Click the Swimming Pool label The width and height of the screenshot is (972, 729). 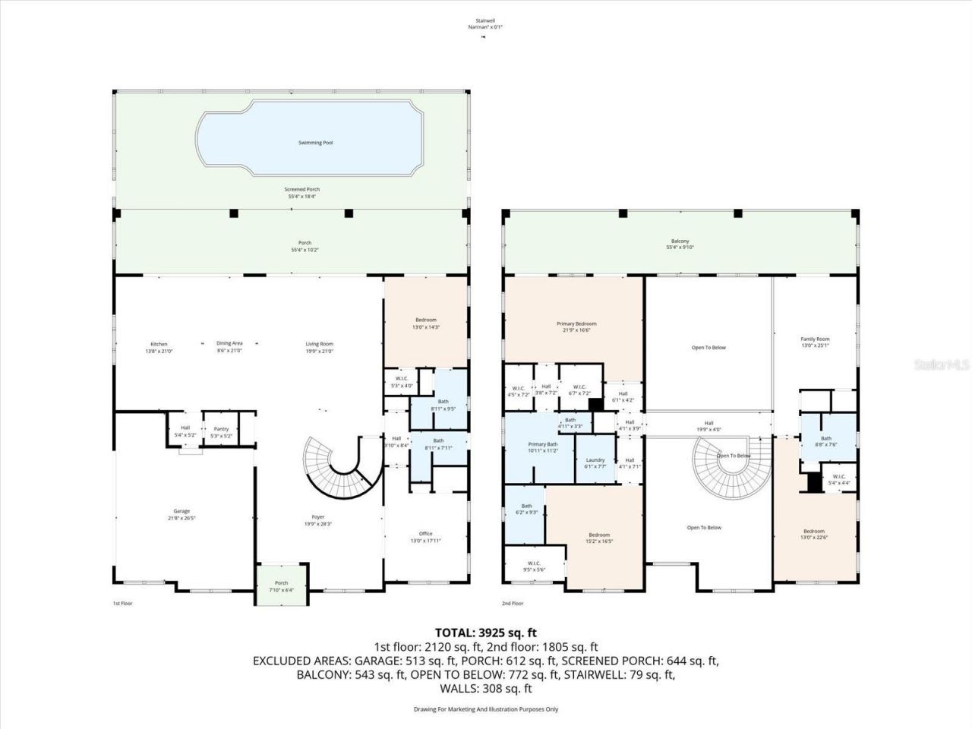314,143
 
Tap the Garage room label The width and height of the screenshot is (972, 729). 181,511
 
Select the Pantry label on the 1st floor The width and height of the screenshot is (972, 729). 221,429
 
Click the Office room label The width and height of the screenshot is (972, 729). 425,534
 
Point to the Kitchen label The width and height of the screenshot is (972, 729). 159,344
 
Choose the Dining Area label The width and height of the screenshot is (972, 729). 229,344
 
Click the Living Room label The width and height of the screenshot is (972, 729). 319,344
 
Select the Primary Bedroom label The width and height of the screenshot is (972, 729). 574,323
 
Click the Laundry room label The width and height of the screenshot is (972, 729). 595,460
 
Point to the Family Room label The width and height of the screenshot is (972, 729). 815,339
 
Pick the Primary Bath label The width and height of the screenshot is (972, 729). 543,444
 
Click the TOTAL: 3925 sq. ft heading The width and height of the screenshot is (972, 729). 486,632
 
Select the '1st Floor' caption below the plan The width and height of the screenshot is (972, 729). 121,603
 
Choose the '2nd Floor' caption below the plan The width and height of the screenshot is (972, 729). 513,603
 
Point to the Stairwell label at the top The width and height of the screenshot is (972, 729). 485,21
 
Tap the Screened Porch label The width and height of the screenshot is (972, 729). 301,189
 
